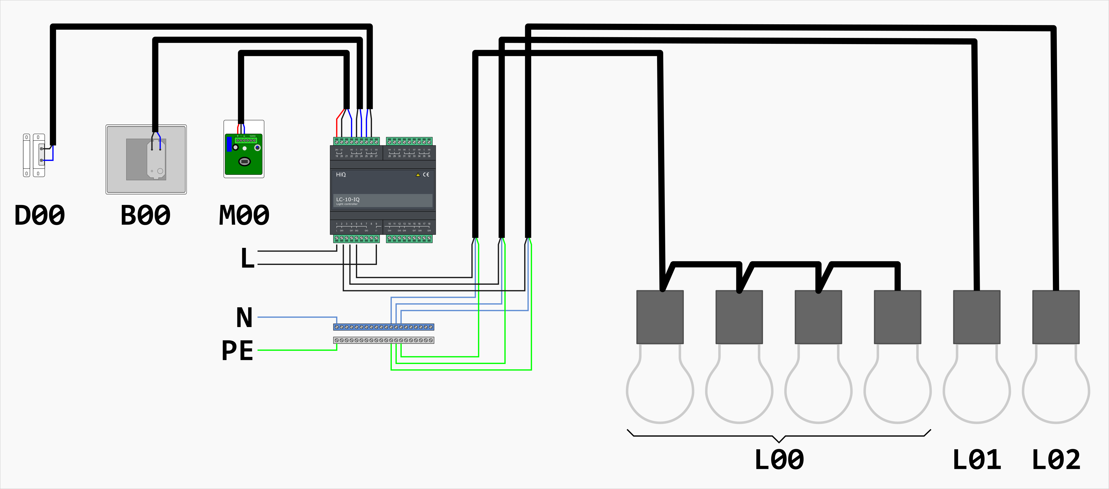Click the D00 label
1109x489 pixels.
(40, 215)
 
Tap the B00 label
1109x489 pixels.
(146, 215)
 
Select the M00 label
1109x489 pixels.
(244, 215)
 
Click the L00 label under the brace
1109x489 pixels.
(779, 459)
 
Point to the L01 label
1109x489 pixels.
(976, 459)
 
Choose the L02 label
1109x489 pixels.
(1056, 459)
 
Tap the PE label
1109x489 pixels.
(237, 350)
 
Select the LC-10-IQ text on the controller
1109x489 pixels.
(348, 200)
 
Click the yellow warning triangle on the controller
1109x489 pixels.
(418, 175)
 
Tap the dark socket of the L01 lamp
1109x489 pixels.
(976, 317)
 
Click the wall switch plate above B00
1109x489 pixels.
(146, 159)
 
